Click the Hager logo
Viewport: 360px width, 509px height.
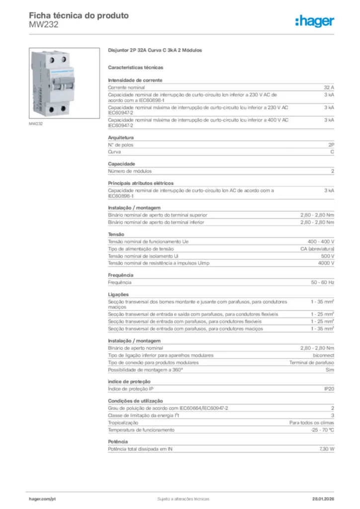314,21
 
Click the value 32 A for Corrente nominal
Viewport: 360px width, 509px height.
329,87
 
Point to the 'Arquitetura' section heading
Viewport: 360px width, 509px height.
121,137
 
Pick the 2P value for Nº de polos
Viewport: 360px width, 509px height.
331,145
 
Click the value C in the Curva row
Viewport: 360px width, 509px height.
332,152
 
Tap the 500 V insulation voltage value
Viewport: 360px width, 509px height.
328,255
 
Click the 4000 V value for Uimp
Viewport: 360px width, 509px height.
326,262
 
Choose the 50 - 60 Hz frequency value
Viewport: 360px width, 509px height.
323,282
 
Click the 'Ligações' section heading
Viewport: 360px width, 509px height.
118,294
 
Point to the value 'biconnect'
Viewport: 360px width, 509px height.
323,355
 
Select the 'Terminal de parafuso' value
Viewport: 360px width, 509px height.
312,362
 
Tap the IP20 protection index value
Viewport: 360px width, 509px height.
329,389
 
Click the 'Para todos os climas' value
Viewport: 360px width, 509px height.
312,423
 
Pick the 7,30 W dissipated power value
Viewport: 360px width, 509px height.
326,449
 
